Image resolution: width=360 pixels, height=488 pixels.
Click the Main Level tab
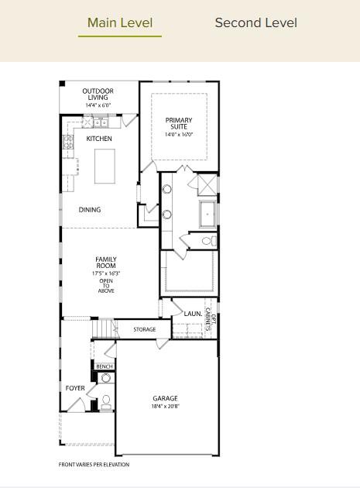(120, 23)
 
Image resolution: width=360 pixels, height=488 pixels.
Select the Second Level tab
(255, 23)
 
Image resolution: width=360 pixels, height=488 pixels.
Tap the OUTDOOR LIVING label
(98, 95)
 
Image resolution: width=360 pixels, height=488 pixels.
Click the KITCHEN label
(99, 139)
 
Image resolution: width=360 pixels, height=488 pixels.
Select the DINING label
(90, 210)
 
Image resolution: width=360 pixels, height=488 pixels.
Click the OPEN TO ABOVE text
(106, 285)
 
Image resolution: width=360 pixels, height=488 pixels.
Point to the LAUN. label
(193, 314)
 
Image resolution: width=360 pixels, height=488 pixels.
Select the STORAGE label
(144, 330)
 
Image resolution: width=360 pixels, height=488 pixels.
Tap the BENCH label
(105, 366)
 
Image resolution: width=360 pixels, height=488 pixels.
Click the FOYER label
(75, 388)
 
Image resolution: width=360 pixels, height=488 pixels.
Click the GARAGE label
(165, 398)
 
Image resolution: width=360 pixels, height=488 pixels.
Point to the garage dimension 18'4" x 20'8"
(165, 407)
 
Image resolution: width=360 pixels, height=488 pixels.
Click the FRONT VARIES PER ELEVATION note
(94, 465)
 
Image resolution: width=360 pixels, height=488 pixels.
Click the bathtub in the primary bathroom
(207, 212)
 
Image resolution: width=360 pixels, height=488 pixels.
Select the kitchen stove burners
(68, 142)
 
